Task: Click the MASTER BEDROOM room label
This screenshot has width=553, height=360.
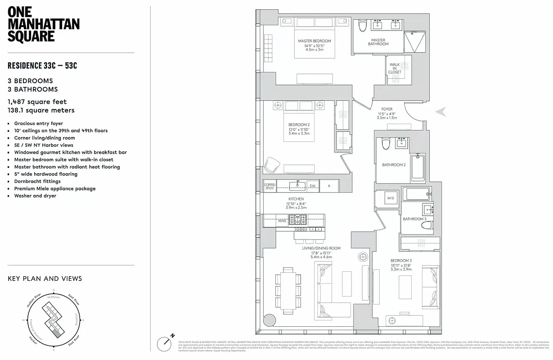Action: coord(315,41)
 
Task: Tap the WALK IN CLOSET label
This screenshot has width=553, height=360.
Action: coord(395,68)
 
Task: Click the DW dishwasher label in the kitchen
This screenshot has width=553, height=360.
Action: coord(312,186)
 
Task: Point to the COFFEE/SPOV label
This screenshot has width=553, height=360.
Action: coord(270,186)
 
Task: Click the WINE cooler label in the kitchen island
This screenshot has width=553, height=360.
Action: coord(282,221)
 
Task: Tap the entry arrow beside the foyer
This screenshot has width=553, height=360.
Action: coord(441,112)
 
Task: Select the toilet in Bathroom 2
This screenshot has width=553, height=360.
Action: coord(385,144)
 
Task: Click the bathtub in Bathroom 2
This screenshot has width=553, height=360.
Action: coord(418,168)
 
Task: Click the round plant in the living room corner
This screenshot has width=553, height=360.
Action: coord(269,320)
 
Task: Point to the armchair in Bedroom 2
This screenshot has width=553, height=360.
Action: coord(272,165)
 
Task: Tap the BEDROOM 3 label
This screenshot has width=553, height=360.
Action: coord(400,261)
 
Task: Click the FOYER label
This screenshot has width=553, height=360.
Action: coord(387,109)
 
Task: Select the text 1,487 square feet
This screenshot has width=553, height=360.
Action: coord(37,102)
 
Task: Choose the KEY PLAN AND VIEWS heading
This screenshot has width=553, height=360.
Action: coord(45,279)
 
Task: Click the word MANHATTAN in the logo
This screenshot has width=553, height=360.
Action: coord(44,24)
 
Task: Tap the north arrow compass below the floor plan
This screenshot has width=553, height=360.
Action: coord(165,343)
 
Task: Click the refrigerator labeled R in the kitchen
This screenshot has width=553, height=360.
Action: coord(329,186)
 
